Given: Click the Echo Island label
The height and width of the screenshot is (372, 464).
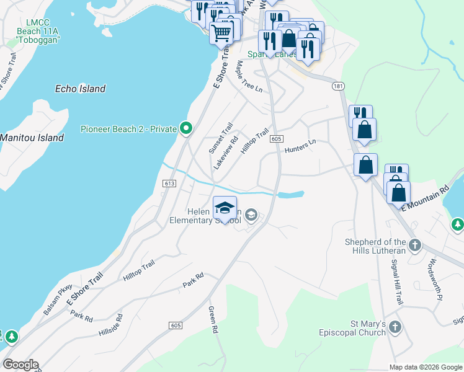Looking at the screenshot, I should pos(80,89).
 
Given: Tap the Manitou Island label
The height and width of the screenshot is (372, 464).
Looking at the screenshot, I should pos(32,138).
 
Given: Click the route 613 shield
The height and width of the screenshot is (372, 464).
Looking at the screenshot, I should pos(171,184).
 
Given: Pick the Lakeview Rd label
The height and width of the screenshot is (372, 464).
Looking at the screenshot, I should pos(226,153).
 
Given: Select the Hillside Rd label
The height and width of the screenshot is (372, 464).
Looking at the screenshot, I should pos(110,325).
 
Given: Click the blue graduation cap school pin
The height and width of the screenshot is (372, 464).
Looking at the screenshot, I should pos(225,206).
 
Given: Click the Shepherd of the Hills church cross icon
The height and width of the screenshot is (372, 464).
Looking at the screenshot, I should pos(415,245).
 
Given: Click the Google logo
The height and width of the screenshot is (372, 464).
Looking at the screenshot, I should pos(20,365).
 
